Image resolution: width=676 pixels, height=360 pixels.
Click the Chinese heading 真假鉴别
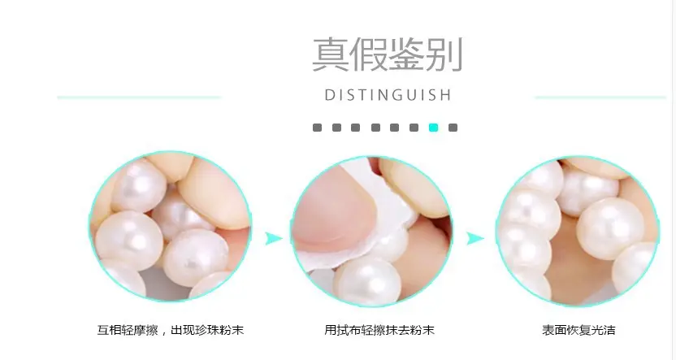(x=387, y=54)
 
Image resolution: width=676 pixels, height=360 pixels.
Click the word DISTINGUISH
(x=388, y=95)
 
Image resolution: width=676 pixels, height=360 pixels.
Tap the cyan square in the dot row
(x=433, y=128)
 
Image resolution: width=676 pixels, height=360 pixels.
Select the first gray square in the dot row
(x=317, y=128)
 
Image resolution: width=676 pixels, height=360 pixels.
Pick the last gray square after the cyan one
(x=453, y=128)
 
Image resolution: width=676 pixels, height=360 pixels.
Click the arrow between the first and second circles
(x=273, y=238)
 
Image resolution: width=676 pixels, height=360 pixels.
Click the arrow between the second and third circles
(x=475, y=238)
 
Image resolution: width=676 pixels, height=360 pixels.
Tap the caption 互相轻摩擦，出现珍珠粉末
(x=171, y=330)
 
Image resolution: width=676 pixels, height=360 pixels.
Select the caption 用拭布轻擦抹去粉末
(x=379, y=330)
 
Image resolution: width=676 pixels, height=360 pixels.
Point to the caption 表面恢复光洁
(x=578, y=330)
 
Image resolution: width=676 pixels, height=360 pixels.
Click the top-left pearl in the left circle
(x=139, y=186)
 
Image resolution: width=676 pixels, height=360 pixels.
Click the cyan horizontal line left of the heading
(x=139, y=98)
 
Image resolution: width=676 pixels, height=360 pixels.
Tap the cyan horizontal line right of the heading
(x=600, y=98)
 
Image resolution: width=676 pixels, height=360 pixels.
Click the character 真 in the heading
(x=331, y=54)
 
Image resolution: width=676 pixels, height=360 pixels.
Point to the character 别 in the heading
(x=444, y=54)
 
